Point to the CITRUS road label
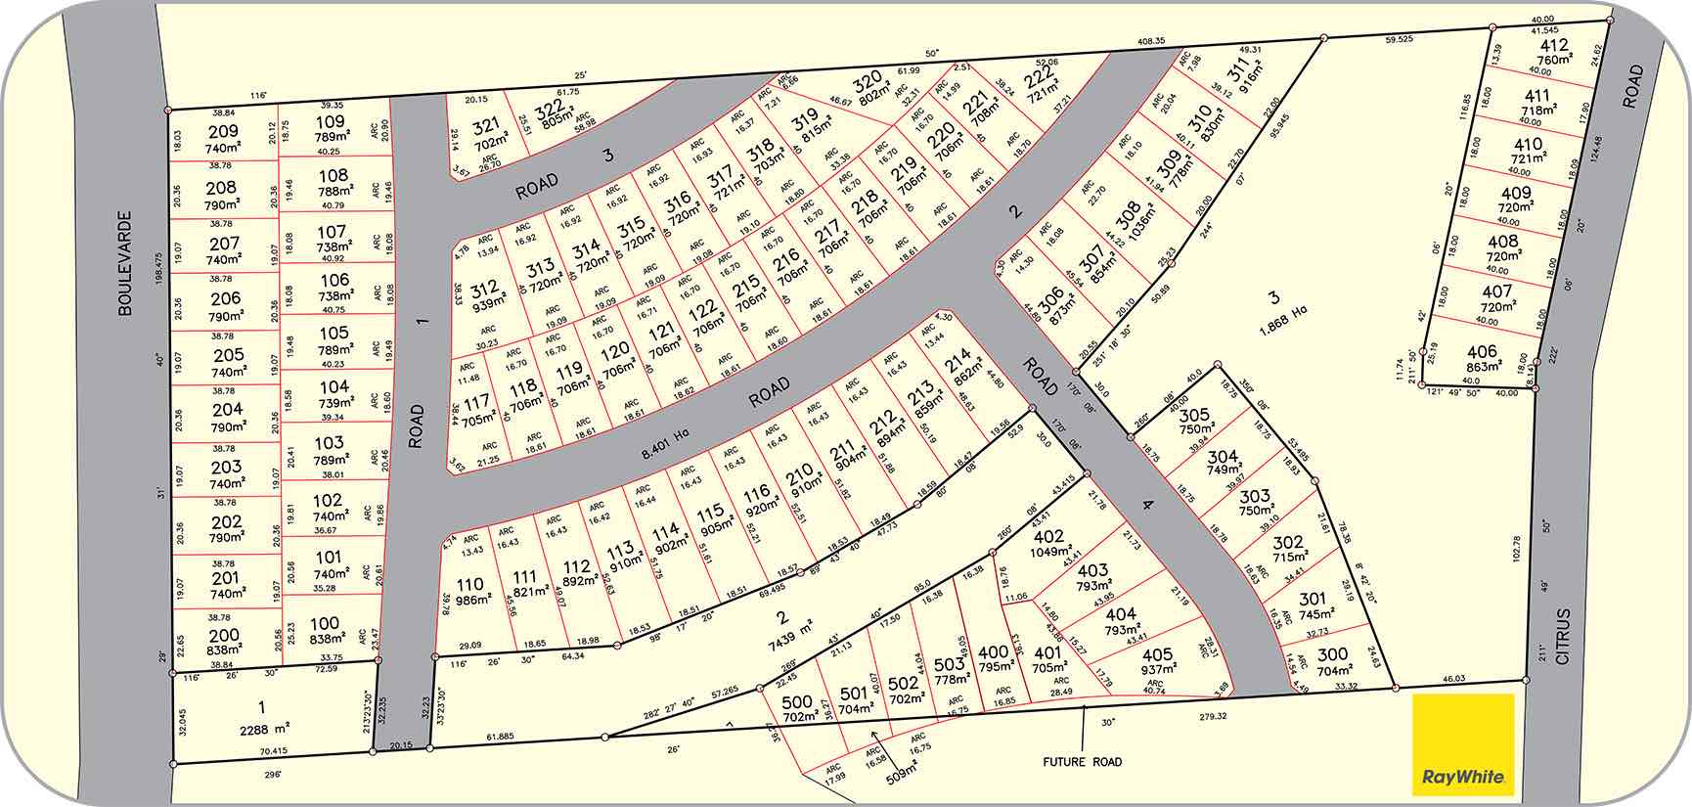tap(1562, 637)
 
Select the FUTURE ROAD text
tap(1081, 762)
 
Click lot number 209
tap(223, 132)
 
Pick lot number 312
tap(484, 290)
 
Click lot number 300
tap(1332, 654)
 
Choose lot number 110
tap(470, 585)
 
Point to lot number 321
tap(486, 125)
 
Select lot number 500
tap(797, 702)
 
